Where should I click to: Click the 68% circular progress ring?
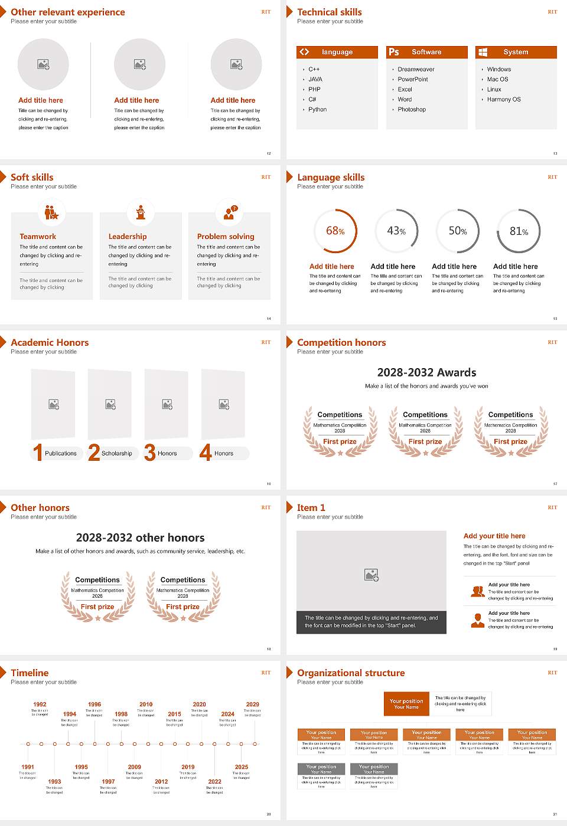[335, 231]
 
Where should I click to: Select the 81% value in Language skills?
[519, 231]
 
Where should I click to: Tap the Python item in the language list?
[317, 110]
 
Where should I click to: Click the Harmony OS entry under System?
[504, 100]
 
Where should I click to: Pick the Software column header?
[426, 52]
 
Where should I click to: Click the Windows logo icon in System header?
[483, 52]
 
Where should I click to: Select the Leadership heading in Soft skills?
[128, 237]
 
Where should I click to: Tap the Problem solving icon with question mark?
[229, 213]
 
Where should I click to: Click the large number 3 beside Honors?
[150, 453]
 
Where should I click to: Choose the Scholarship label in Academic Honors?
[117, 454]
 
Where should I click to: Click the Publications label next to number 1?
[61, 454]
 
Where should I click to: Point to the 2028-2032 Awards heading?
[426, 372]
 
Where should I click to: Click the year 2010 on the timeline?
[146, 704]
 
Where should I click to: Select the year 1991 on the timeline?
[28, 768]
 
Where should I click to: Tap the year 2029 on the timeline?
[253, 704]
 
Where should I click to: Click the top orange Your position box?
[406, 704]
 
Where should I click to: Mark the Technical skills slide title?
[330, 12]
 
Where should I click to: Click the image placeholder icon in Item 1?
[372, 575]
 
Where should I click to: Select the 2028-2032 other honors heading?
[141, 537]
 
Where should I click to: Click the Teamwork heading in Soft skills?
[38, 237]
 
